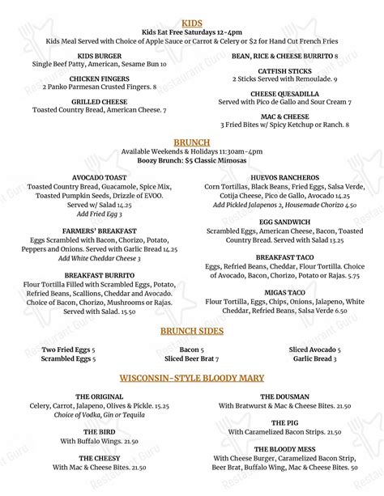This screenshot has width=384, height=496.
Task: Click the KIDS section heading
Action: [192, 23]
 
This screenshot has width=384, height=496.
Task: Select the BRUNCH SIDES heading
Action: [192, 332]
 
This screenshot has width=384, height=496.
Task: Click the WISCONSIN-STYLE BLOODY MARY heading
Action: [192, 378]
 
